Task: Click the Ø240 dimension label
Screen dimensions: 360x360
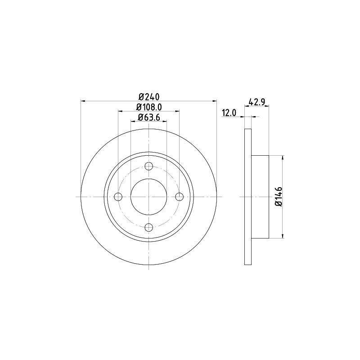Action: (149, 97)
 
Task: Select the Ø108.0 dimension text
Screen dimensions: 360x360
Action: (149, 107)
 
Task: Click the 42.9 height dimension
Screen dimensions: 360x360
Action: (256, 102)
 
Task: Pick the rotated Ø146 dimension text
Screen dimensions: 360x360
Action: (279, 196)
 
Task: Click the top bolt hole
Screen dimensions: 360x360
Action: (149, 166)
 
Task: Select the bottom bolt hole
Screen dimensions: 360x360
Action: (149, 227)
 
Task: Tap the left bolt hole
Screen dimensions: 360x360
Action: (118, 197)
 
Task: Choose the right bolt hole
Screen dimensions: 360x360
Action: (180, 197)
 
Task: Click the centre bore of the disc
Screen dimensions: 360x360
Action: (149, 197)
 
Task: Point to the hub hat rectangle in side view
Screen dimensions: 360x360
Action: (260, 197)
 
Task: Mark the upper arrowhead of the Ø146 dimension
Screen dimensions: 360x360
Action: (283, 158)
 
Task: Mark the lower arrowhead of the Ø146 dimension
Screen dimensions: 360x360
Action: (283, 235)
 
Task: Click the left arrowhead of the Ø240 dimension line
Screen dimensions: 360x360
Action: (83, 101)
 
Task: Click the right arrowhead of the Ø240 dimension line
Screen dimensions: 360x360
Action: (215, 101)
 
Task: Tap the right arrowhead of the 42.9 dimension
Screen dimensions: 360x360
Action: (267, 107)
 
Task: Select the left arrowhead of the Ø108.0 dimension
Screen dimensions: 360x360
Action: (120, 111)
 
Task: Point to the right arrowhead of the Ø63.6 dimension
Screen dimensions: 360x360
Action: (165, 121)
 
